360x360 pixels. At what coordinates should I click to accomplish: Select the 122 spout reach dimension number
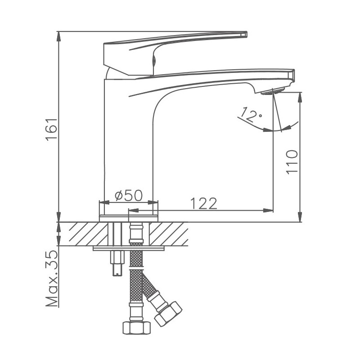[x=203, y=203]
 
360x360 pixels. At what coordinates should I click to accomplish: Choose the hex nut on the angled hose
[x=167, y=313]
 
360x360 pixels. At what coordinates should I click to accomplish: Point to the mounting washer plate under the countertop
[x=128, y=248]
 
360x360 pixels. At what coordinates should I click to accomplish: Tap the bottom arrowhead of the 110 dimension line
[x=300, y=218]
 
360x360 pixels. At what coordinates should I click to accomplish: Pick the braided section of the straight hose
[x=136, y=279]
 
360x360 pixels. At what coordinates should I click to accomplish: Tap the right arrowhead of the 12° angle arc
[x=294, y=125]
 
